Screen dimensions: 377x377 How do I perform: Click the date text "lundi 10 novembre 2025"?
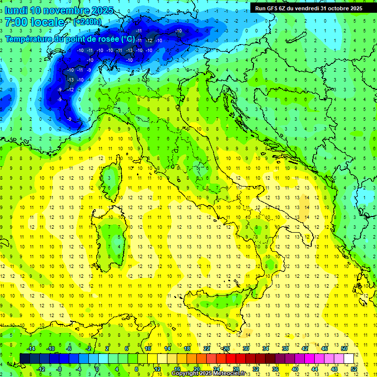(59, 10)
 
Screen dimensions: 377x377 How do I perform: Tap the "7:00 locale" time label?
(34, 22)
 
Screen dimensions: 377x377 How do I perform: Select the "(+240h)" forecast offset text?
(87, 22)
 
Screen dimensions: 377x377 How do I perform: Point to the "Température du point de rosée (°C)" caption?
(70, 39)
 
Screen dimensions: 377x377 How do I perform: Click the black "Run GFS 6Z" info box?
(308, 8)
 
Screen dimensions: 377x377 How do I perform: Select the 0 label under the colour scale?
(98, 369)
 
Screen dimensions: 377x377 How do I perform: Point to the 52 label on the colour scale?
(354, 369)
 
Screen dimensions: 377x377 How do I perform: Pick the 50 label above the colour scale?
(344, 349)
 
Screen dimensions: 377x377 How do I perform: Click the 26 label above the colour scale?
(226, 349)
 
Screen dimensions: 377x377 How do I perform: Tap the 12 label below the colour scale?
(157, 369)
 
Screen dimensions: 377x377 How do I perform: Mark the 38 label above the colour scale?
(285, 349)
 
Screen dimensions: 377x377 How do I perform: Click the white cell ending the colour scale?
(349, 358)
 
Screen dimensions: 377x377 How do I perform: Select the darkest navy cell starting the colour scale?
(25, 358)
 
